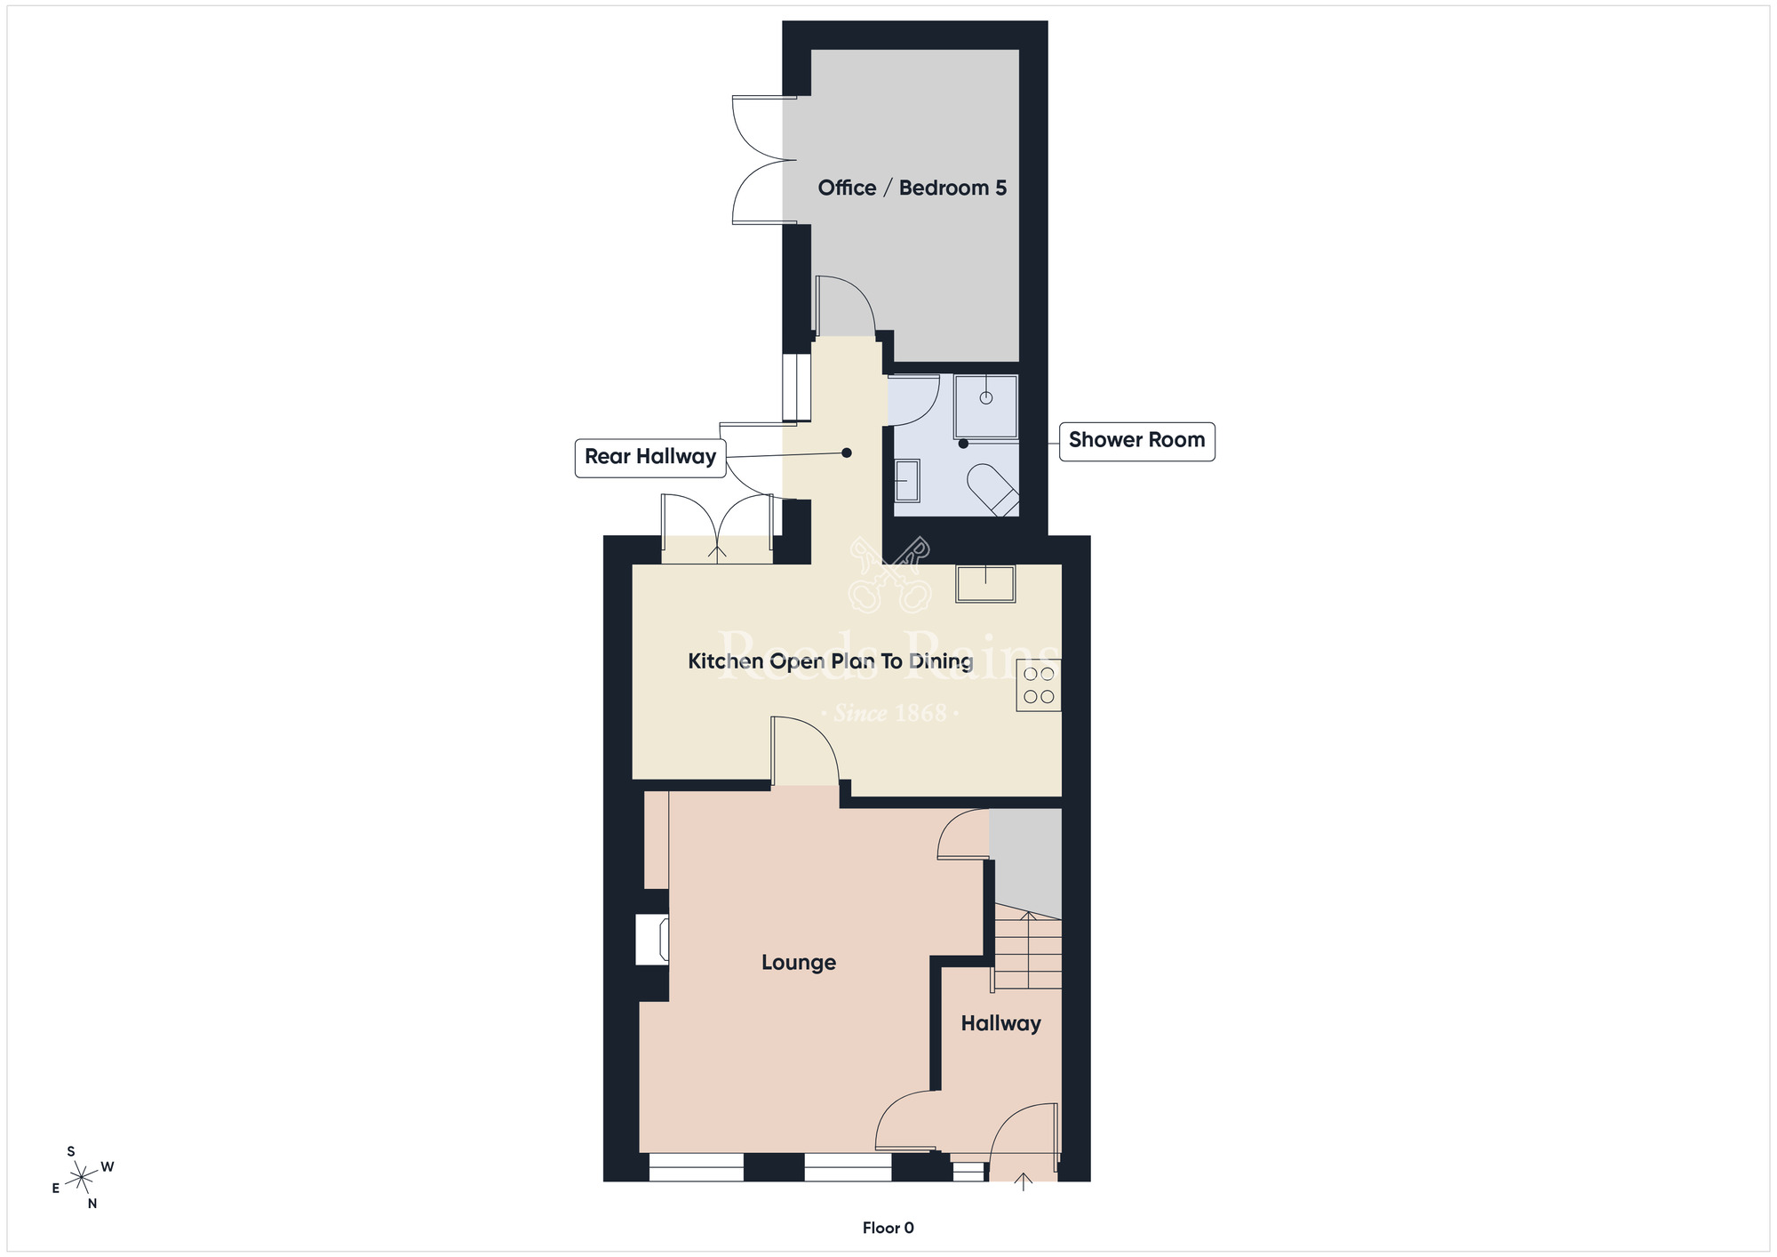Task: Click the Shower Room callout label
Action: click(x=1136, y=441)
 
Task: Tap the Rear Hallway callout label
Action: click(x=650, y=458)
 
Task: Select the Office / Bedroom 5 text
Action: click(x=912, y=188)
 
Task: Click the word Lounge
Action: click(x=798, y=963)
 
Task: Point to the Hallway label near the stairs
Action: click(x=1000, y=1024)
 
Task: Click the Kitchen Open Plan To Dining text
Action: click(x=830, y=661)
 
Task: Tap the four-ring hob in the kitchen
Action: click(x=1039, y=685)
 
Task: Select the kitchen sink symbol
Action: click(x=985, y=584)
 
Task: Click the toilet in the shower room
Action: click(x=993, y=489)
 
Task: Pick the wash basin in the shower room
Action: click(x=906, y=481)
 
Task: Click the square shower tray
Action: click(x=986, y=406)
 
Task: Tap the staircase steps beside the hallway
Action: click(x=1028, y=953)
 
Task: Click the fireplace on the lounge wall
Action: click(x=653, y=940)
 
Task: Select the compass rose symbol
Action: click(x=82, y=1178)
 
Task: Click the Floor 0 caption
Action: click(x=888, y=1229)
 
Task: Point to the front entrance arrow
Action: click(x=1024, y=1181)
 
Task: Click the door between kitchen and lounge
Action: click(x=805, y=751)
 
